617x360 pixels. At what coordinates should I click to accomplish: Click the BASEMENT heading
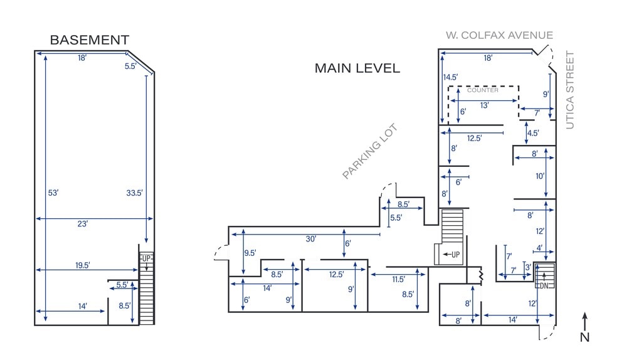(90, 40)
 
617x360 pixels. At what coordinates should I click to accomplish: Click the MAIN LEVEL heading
(357, 68)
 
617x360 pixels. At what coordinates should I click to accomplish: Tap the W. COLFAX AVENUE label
(499, 35)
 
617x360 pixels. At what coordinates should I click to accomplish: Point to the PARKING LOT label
(370, 152)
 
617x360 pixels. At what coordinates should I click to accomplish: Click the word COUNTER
(483, 90)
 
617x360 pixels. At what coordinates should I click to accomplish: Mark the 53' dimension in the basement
(53, 193)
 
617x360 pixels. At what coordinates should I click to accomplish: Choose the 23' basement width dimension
(82, 223)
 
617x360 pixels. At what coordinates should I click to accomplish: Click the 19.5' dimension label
(83, 265)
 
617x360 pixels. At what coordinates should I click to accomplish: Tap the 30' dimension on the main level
(311, 239)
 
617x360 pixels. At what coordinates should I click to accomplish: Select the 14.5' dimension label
(450, 78)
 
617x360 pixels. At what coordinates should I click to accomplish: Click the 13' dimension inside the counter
(485, 105)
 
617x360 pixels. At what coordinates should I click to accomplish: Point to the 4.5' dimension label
(533, 133)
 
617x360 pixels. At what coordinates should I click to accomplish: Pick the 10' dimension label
(540, 176)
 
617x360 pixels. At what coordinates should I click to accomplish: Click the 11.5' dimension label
(399, 279)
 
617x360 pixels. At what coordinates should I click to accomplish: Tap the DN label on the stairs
(544, 285)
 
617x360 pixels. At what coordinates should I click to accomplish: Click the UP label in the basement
(147, 258)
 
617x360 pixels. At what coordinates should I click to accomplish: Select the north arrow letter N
(584, 337)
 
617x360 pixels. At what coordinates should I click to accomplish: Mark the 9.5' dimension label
(250, 253)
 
